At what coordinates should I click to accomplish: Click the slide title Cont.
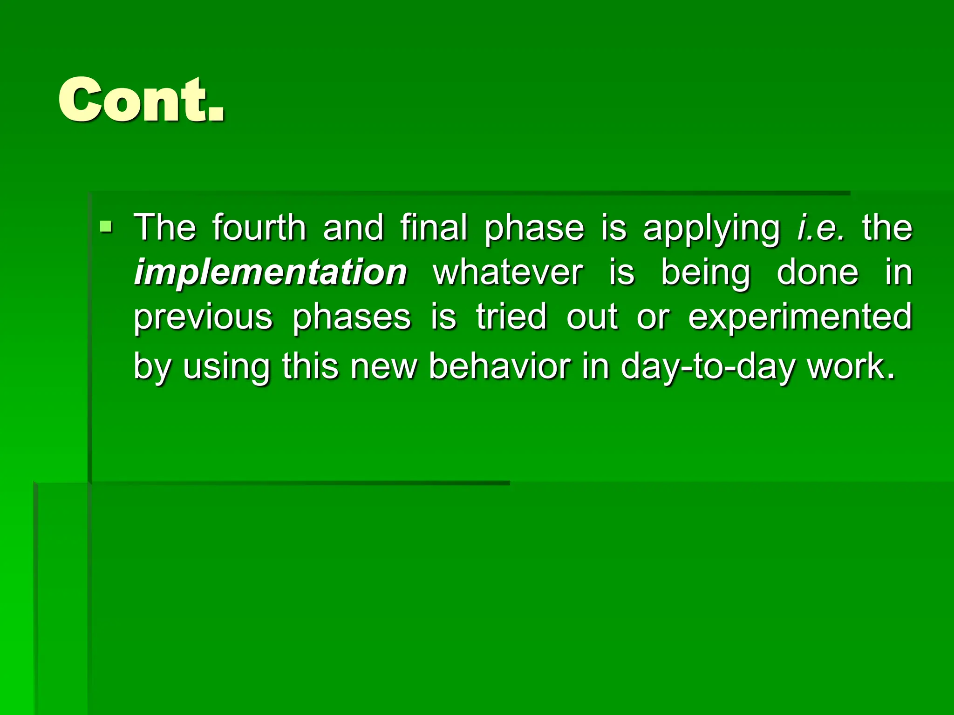pyautogui.click(x=141, y=100)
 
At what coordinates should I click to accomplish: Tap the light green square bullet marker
pyautogui.click(x=106, y=227)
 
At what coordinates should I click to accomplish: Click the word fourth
pyautogui.click(x=259, y=228)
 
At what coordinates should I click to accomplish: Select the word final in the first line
pyautogui.click(x=433, y=228)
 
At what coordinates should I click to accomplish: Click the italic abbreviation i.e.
pyautogui.click(x=820, y=228)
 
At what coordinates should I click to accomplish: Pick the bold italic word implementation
pyautogui.click(x=271, y=272)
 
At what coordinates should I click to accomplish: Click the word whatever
pyautogui.click(x=508, y=272)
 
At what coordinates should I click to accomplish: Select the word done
pyautogui.click(x=818, y=272)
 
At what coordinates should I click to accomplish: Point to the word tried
pyautogui.click(x=511, y=317)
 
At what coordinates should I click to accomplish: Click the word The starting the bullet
pyautogui.click(x=165, y=228)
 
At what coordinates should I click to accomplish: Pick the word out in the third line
pyautogui.click(x=592, y=317)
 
